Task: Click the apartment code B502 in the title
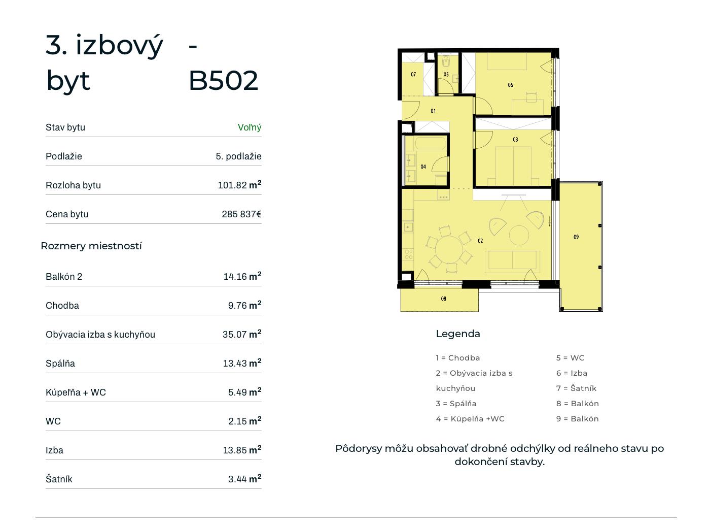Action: (223, 80)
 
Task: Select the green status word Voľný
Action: (250, 127)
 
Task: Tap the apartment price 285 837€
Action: (241, 214)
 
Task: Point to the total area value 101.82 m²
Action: (239, 185)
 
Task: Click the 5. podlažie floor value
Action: (238, 156)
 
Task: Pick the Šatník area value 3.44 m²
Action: (244, 479)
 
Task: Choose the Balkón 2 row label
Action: (64, 276)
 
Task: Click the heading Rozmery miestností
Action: (91, 246)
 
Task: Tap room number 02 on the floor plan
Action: (480, 241)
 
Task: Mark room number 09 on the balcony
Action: (576, 237)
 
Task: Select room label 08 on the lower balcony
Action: (443, 299)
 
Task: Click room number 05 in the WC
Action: (446, 74)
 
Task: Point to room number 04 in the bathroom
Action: (423, 167)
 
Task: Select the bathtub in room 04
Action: (430, 143)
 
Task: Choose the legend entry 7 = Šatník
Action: (576, 388)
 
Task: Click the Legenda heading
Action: (458, 334)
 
